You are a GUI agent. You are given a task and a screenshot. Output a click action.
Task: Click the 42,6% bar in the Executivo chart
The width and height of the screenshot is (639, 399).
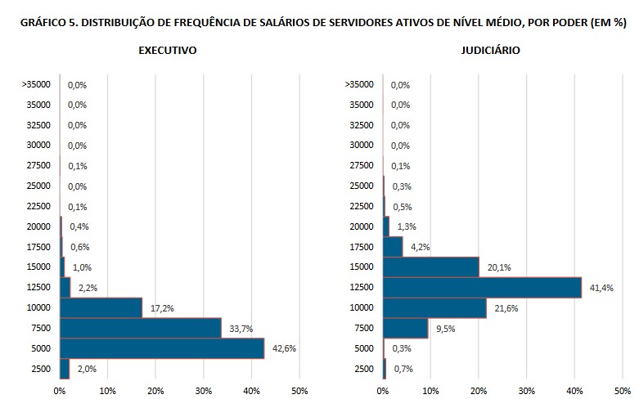(162, 348)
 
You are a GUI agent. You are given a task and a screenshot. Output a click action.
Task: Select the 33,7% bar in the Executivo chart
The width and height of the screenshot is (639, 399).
(141, 328)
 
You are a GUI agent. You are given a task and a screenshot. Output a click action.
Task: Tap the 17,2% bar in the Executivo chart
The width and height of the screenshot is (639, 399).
(101, 308)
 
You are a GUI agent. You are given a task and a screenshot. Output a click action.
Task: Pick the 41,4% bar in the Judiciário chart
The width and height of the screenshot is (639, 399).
(482, 288)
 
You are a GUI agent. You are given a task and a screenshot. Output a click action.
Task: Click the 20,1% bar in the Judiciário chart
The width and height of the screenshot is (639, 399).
(431, 267)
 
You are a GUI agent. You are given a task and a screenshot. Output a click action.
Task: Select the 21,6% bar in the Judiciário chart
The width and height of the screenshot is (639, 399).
(434, 308)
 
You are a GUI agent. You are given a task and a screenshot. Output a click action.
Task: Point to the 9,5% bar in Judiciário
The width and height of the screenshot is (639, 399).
(406, 328)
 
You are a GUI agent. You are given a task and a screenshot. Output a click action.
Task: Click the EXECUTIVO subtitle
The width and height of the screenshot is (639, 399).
(167, 51)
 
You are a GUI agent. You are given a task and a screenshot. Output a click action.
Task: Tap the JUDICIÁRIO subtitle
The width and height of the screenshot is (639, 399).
(490, 51)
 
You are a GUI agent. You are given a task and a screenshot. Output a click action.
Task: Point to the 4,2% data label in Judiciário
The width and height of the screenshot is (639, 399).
(419, 247)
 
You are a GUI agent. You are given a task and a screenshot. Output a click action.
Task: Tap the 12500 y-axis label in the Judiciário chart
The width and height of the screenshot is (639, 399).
(359, 288)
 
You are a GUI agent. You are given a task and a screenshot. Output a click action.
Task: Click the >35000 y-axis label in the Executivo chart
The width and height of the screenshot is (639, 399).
(35, 84)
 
